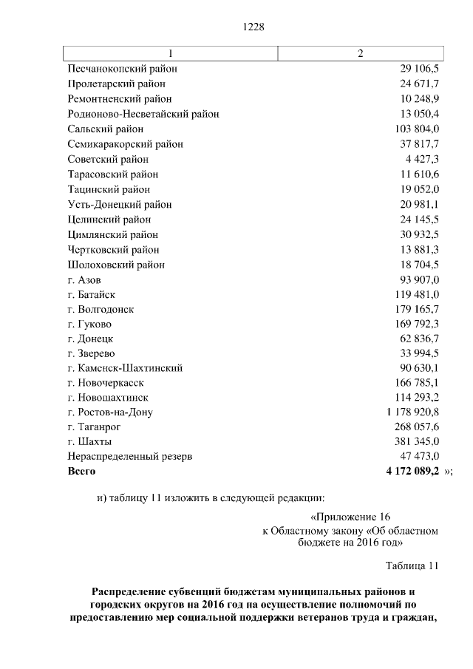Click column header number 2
360,53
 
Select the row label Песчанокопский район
123,69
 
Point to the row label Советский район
108,159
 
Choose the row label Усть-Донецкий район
120,205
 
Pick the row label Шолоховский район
116,265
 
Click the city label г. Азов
84,279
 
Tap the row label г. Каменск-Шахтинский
125,368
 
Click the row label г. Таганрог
94,427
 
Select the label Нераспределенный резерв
130,457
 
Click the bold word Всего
81,471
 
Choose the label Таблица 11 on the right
412,566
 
